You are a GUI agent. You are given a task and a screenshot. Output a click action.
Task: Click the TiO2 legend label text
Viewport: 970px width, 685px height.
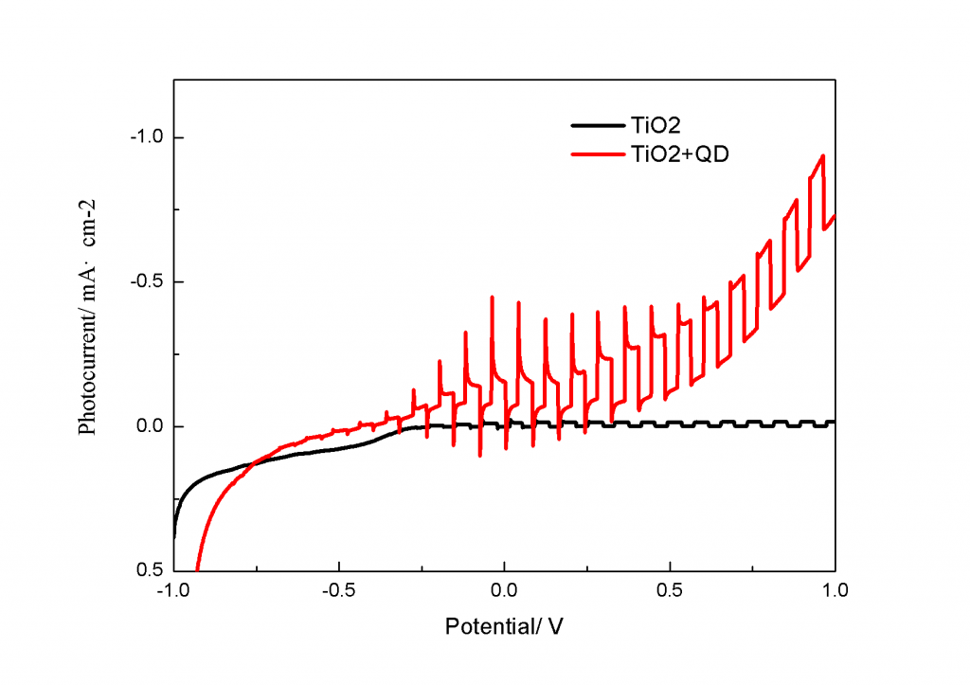click(652, 124)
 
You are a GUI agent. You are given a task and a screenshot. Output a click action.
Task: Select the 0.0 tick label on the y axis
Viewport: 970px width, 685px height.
click(149, 426)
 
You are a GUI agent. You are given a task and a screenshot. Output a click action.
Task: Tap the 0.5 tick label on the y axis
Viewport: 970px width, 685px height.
click(149, 570)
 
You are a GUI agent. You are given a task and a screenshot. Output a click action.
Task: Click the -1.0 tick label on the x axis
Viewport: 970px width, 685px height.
click(173, 589)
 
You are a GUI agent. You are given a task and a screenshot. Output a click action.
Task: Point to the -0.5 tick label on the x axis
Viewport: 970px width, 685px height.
click(338, 589)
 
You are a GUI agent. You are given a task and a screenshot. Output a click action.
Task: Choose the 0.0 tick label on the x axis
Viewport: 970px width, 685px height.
click(505, 589)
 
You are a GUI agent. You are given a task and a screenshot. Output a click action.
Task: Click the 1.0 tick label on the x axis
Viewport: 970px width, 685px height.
click(835, 589)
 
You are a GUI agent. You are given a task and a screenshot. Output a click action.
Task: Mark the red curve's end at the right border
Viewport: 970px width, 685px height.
click(834, 215)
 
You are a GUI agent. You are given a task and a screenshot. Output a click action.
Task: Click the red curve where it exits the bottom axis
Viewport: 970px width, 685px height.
click(197, 569)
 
